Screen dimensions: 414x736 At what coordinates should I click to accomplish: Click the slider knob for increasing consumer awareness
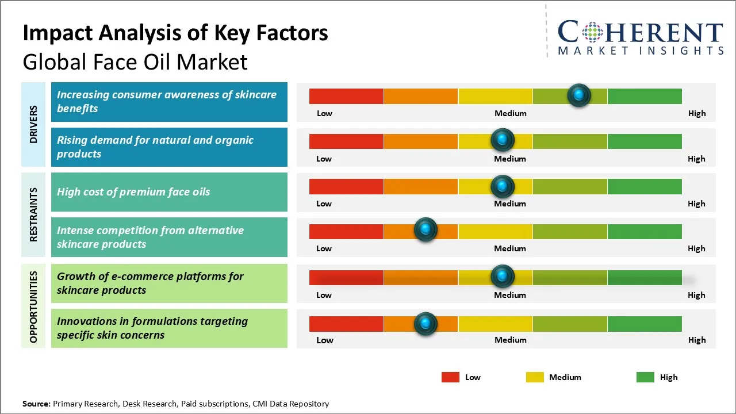coord(579,95)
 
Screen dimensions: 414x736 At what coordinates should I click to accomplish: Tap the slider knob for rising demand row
coord(503,140)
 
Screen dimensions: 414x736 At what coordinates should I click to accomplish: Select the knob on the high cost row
coord(503,186)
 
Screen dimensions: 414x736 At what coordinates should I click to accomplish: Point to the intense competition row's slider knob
coord(425,230)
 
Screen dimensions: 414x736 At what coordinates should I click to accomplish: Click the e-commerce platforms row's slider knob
coord(503,277)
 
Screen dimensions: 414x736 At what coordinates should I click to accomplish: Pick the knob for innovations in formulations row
coord(425,324)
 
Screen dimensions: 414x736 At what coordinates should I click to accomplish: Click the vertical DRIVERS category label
coord(33,124)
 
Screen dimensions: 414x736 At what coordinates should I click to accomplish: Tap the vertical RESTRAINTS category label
coord(33,214)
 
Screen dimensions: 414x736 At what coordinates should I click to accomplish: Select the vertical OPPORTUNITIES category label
coord(33,306)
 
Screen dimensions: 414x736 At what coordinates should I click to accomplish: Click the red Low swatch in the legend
coord(450,377)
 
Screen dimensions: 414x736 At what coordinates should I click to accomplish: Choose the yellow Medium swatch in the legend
coord(535,377)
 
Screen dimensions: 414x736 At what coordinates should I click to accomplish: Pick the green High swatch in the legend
coord(645,377)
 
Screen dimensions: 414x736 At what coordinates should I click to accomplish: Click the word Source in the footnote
coord(36,404)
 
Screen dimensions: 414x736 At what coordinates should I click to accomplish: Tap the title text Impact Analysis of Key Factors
coord(175,33)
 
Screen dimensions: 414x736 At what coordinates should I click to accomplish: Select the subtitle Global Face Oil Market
coord(135,62)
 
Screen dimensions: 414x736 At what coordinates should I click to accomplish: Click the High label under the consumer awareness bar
coord(696,113)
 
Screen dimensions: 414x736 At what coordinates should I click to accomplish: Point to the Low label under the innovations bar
coord(324,340)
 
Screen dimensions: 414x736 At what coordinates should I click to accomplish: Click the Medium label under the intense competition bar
coord(510,248)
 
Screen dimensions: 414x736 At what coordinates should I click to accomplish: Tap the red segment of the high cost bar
coord(346,186)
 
